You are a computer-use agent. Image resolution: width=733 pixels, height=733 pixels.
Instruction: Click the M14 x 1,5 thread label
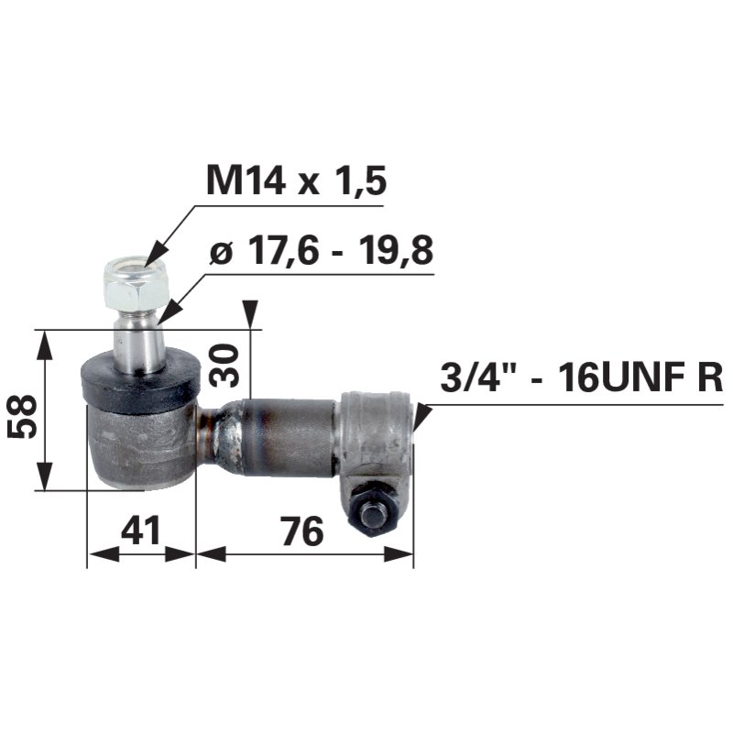(x=296, y=181)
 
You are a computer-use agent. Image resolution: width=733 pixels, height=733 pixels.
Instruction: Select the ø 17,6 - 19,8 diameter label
(x=322, y=250)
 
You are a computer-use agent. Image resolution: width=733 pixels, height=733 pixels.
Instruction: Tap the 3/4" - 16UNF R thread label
(x=581, y=377)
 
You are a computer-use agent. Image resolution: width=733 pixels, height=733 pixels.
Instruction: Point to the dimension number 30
(x=224, y=366)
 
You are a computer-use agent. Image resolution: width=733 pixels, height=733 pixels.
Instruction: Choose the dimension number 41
(x=140, y=530)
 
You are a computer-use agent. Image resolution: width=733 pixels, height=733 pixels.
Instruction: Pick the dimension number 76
(x=303, y=531)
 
